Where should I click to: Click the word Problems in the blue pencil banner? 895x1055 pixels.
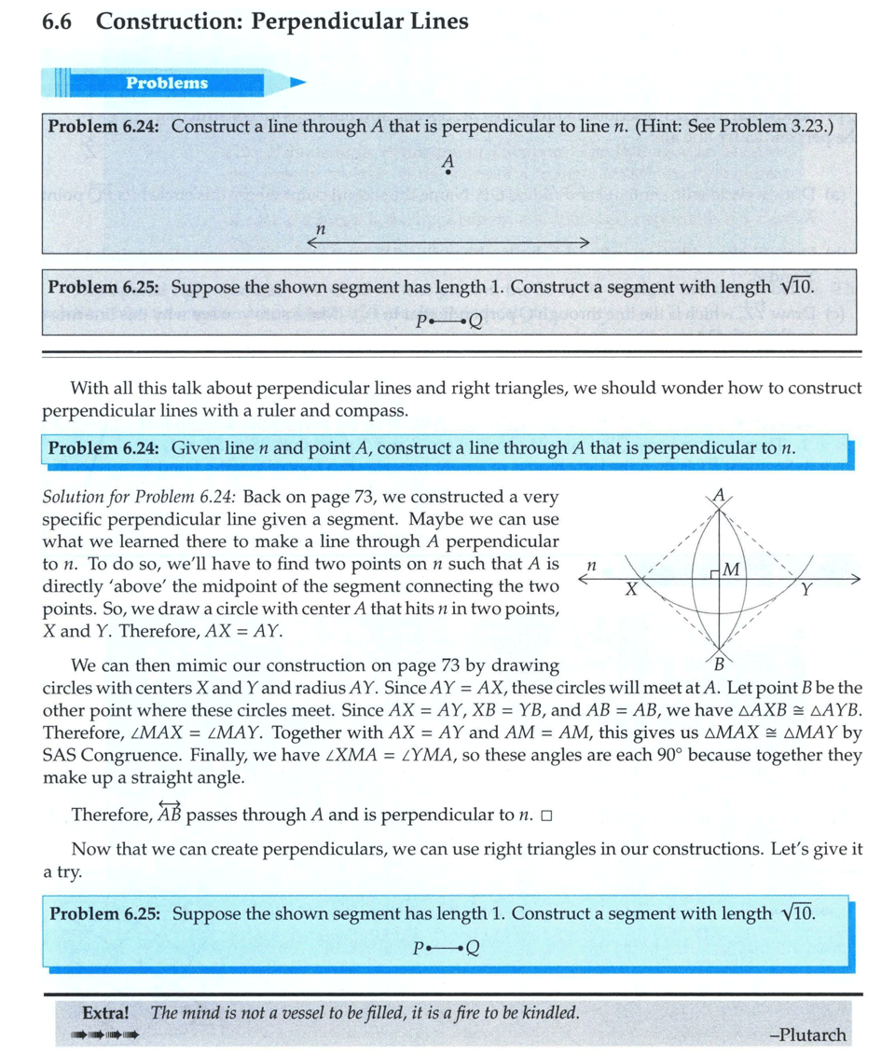(x=167, y=83)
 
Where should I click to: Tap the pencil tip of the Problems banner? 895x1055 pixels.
(x=297, y=83)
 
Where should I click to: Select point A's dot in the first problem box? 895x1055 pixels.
(x=447, y=172)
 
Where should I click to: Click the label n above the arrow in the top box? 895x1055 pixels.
(x=320, y=228)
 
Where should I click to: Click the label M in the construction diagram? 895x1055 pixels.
(x=731, y=569)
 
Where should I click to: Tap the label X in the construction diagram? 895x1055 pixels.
(x=631, y=590)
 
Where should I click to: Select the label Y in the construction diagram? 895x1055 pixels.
(x=806, y=590)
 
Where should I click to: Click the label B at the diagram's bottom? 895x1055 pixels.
(x=718, y=664)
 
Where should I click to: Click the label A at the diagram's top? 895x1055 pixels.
(x=718, y=494)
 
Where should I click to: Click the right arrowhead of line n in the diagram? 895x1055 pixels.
(x=853, y=579)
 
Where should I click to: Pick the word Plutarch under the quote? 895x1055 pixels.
(x=811, y=1034)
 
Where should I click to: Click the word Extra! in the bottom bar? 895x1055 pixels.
(x=105, y=1012)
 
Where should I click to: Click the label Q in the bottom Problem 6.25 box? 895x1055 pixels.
(x=472, y=950)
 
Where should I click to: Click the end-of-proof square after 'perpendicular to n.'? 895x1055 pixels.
(x=546, y=816)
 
